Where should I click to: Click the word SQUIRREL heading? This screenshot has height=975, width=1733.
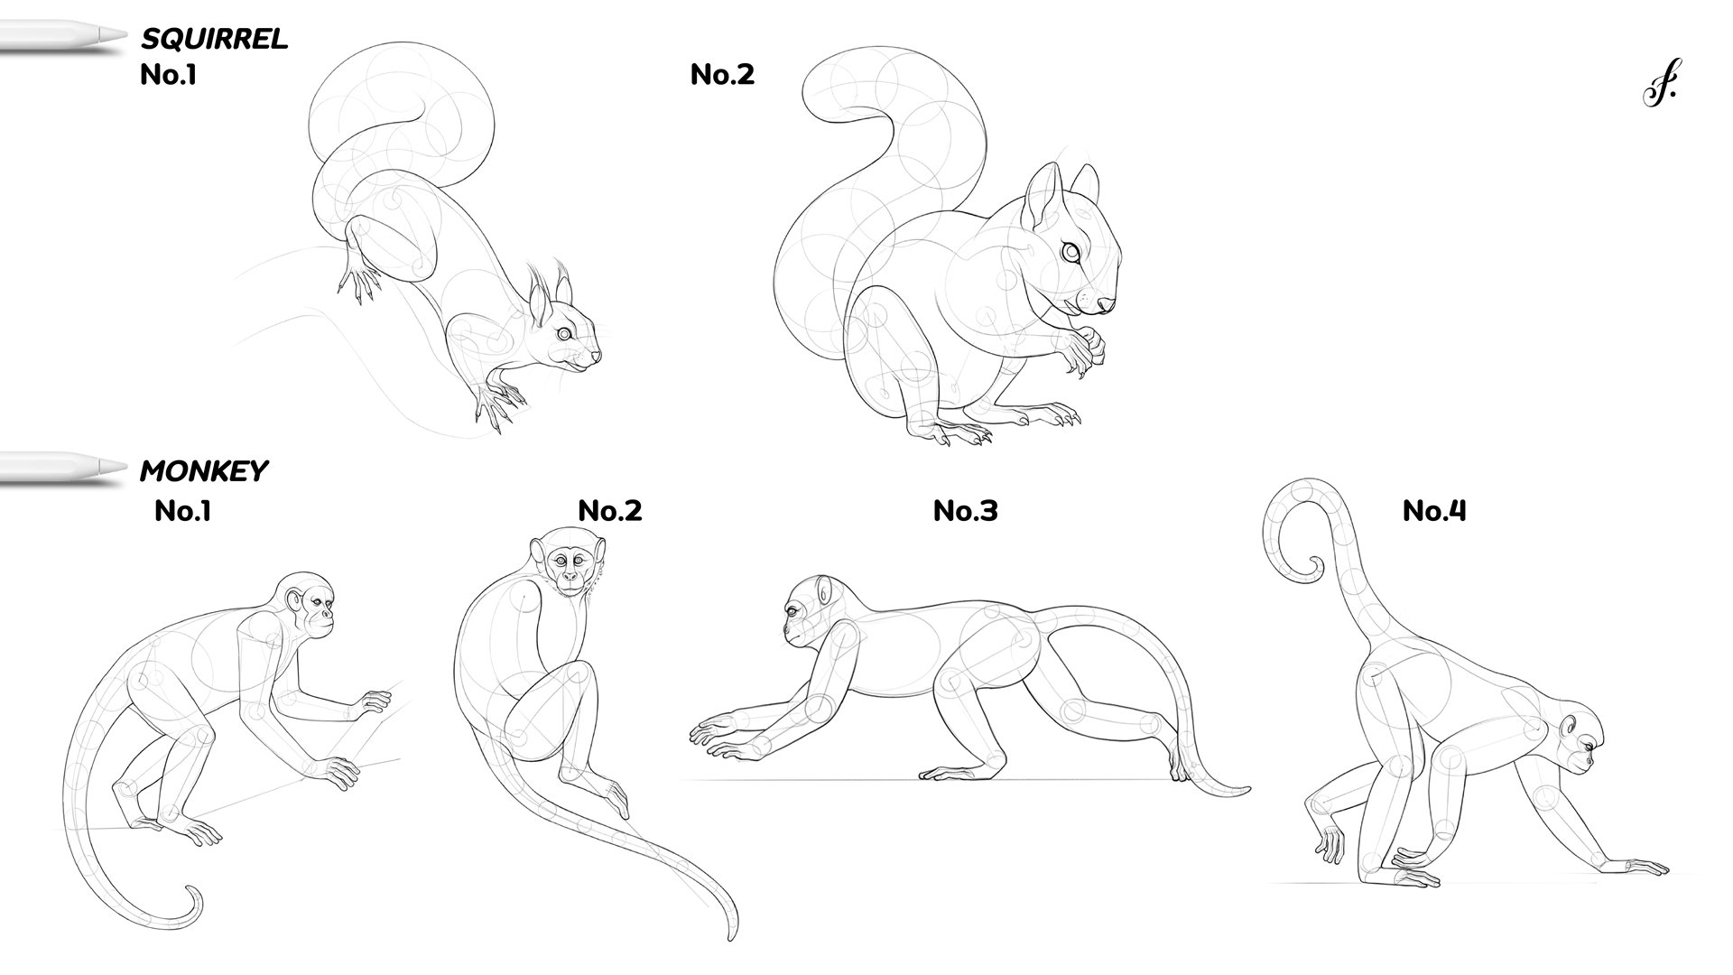click(x=214, y=38)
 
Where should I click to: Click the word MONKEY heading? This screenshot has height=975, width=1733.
click(x=204, y=470)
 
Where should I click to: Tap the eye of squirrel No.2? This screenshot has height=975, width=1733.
click(x=1071, y=254)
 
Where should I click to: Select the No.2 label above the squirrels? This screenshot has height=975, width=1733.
click(x=722, y=74)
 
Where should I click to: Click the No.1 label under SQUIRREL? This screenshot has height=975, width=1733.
click(x=168, y=74)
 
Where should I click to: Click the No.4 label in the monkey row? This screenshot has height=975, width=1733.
click(x=1434, y=511)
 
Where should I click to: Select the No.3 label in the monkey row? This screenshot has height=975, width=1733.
click(x=965, y=511)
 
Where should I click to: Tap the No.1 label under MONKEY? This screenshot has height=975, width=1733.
click(x=182, y=511)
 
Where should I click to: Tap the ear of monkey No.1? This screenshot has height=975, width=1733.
click(x=294, y=600)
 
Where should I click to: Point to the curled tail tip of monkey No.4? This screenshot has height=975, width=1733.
click(x=1308, y=570)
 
